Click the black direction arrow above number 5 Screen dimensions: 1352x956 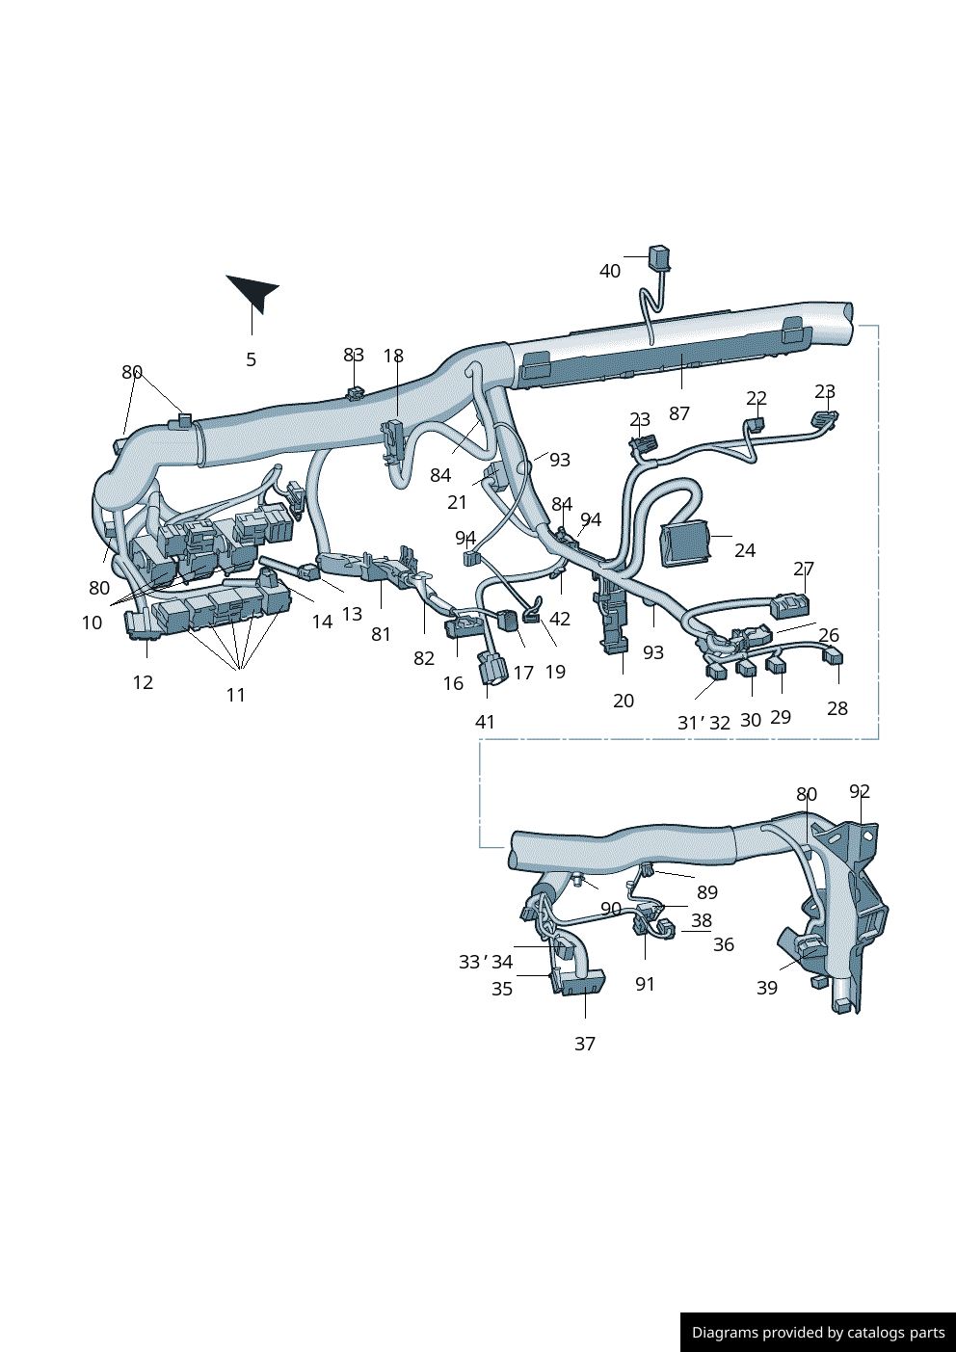(x=253, y=291)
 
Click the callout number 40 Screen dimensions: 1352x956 (x=610, y=272)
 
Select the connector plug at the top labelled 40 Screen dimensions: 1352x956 (x=660, y=257)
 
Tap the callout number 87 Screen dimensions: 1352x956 (x=679, y=414)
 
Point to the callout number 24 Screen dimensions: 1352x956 (x=745, y=551)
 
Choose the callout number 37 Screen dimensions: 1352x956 (x=585, y=1045)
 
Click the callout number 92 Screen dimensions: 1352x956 (x=860, y=792)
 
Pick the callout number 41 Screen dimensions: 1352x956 (x=485, y=723)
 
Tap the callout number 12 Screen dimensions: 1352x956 (x=143, y=683)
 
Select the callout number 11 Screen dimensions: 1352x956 (x=236, y=696)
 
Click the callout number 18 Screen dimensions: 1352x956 (x=393, y=357)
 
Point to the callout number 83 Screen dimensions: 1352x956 (x=354, y=356)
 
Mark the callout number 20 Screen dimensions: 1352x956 (x=624, y=702)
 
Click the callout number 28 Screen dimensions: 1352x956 (x=837, y=709)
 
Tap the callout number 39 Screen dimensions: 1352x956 (x=767, y=989)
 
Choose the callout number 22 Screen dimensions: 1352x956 (x=757, y=399)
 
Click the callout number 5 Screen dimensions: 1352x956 (x=252, y=360)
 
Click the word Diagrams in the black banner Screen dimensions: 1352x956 (x=725, y=1333)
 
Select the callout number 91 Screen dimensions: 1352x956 (x=645, y=985)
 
